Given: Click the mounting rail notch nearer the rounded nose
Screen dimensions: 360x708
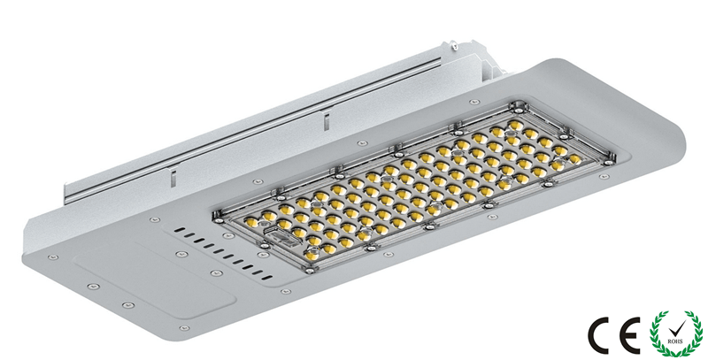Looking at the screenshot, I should (324, 114).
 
